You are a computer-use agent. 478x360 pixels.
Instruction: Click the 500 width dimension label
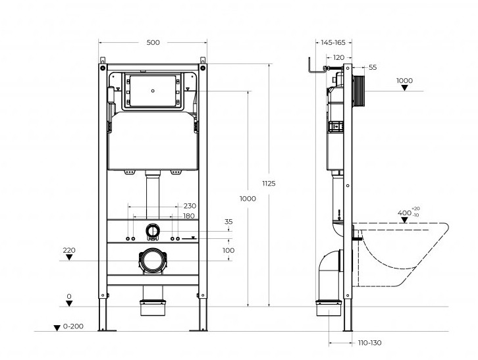tap(153, 42)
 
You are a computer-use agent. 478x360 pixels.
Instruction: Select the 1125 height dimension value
tap(269, 183)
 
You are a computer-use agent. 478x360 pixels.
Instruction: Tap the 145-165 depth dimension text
tap(333, 42)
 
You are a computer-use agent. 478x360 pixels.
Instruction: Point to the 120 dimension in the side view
tap(338, 57)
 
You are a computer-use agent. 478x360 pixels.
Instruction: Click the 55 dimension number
tap(373, 67)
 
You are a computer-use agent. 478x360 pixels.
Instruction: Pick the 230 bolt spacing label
tap(190, 206)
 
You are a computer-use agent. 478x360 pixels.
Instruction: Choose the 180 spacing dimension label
tap(189, 216)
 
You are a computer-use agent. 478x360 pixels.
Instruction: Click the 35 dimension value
tap(228, 222)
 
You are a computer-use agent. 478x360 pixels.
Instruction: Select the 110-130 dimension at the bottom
tap(369, 343)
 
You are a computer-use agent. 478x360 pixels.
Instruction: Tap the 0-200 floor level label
tap(73, 326)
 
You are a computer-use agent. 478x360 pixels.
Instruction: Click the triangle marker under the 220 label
tap(69, 257)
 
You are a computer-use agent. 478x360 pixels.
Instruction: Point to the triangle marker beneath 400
tap(404, 220)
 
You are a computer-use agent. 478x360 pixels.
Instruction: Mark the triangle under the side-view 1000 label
tap(404, 88)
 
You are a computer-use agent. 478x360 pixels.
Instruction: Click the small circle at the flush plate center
tap(153, 91)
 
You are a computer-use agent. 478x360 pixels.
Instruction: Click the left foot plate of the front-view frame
tap(107, 330)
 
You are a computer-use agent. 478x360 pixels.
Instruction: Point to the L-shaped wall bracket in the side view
tap(317, 66)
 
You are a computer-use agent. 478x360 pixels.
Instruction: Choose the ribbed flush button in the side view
tap(358, 91)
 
